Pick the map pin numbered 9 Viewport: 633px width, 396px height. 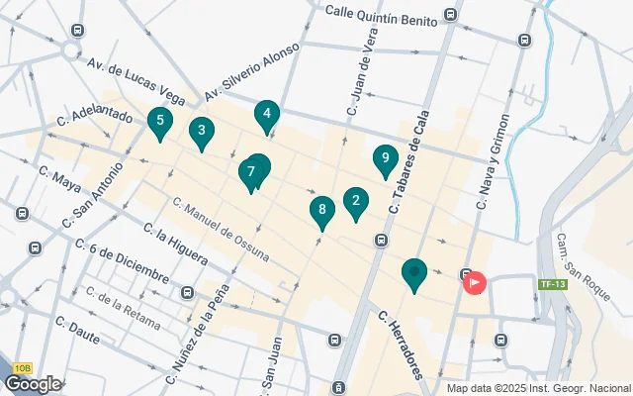point(385,159)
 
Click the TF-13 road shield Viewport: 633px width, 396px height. point(551,285)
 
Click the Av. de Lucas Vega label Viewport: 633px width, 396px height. point(136,81)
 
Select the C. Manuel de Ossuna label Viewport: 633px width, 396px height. point(221,229)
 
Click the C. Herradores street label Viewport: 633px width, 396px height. point(401,345)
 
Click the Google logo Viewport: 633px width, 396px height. point(33,384)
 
